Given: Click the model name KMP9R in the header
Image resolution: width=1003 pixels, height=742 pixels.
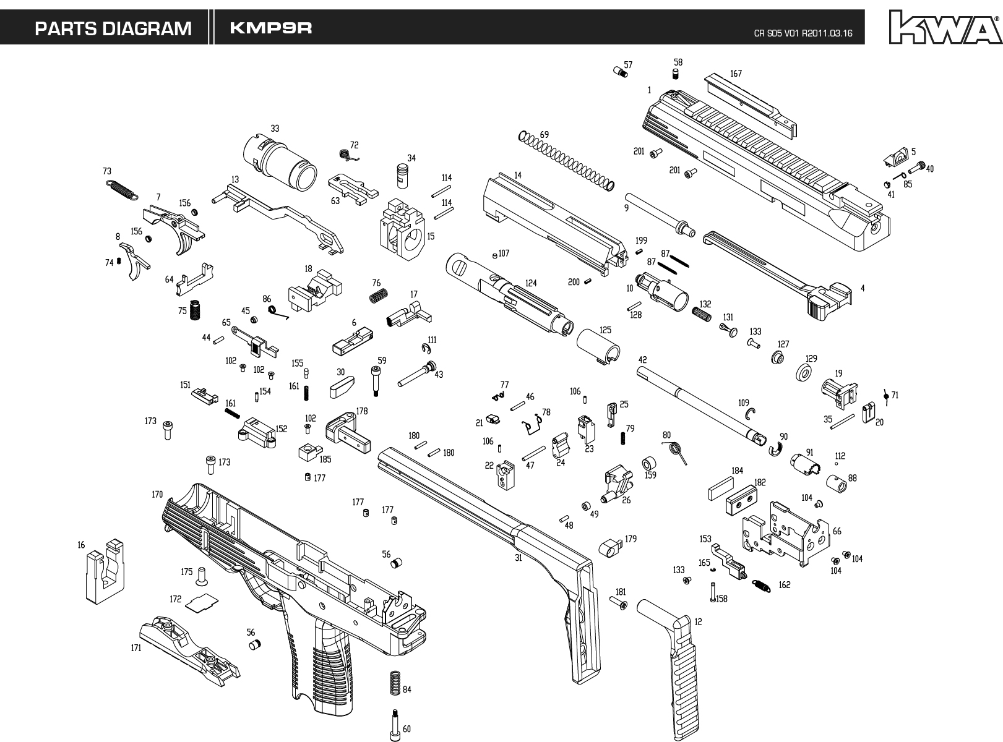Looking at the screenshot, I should coord(271,28).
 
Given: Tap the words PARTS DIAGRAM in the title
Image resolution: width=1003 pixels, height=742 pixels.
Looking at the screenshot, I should coord(113,28).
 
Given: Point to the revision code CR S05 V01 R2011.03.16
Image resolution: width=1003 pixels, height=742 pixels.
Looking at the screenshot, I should coord(803,33).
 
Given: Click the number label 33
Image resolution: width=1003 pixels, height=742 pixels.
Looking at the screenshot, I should coord(275,129).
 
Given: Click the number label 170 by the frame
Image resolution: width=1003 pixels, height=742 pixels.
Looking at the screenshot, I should coord(157,495).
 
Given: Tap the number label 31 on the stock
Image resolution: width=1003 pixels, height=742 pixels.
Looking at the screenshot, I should coord(519,557).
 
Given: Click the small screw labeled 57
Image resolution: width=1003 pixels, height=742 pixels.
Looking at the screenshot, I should coord(621,72).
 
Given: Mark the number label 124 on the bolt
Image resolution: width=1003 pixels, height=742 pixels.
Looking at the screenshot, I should coord(531,283).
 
